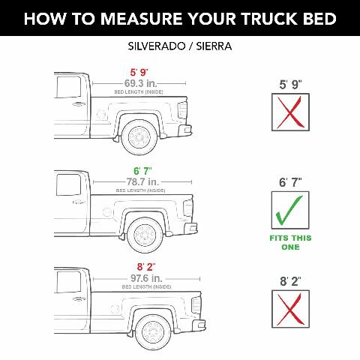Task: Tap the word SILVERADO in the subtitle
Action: point(157,47)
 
